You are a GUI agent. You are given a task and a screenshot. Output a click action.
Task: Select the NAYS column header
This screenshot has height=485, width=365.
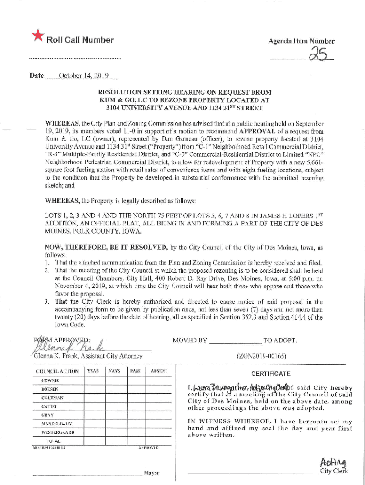113,371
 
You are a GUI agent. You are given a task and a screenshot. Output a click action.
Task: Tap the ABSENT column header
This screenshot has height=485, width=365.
156,371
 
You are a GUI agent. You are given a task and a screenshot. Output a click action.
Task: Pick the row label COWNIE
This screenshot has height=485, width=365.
50,380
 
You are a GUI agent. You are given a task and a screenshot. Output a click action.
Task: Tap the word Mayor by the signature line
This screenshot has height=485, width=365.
151,473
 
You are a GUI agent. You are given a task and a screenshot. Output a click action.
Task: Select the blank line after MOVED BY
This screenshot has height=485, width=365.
235,341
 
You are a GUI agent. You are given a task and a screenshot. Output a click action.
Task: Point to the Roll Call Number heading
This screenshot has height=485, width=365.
80,40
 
